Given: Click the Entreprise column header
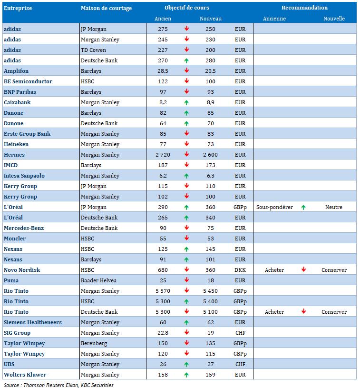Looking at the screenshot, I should click(x=17, y=8).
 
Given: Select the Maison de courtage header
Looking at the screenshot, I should click(x=106, y=8).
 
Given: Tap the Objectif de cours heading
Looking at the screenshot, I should click(x=187, y=8).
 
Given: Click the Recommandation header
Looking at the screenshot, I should click(x=304, y=8).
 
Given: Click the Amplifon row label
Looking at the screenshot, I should click(x=16, y=71).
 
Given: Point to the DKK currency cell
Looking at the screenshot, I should click(x=240, y=270).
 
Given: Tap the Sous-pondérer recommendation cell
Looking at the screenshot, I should click(x=274, y=207).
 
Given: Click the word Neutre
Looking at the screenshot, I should click(x=334, y=207).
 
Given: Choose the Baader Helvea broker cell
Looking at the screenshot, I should click(x=98, y=280).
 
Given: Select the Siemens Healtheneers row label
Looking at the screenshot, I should click(x=33, y=322).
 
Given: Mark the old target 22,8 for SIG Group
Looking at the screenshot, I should click(x=163, y=333).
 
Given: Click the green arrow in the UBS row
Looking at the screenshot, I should click(x=186, y=364).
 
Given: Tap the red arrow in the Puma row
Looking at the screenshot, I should click(x=186, y=280).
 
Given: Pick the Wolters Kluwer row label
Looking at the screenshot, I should click(x=25, y=375).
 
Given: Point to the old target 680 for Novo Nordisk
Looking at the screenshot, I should click(x=163, y=270).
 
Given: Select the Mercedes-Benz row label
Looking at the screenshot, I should click(x=24, y=228).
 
